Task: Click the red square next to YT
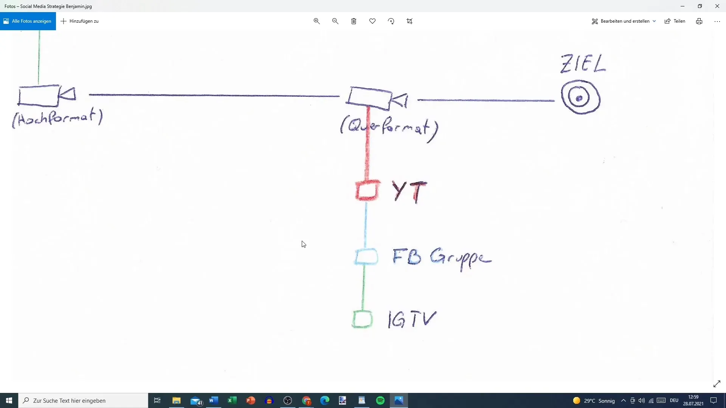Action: (367, 190)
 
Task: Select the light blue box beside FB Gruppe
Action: (366, 257)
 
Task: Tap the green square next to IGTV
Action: (362, 319)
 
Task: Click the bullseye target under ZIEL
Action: (580, 97)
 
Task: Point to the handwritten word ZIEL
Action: (583, 63)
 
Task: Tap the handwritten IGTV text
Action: (412, 320)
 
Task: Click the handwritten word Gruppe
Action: (461, 258)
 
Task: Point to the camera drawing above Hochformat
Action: (46, 95)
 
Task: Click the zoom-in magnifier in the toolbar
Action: (317, 21)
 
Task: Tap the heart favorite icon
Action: (372, 21)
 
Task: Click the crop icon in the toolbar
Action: (410, 21)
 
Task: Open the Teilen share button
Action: (675, 21)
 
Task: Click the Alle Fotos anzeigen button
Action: (28, 21)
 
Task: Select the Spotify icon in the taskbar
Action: (380, 400)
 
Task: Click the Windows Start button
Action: (9, 400)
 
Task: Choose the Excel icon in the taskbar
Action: (232, 400)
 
